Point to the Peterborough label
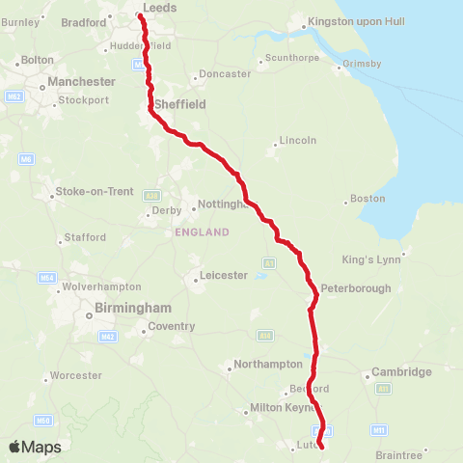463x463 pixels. tap(355, 287)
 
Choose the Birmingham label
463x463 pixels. tap(134, 309)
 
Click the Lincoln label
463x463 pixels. tap(297, 140)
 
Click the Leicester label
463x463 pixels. tap(223, 276)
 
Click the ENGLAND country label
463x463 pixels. tap(202, 232)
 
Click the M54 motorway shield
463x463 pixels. tap(45, 278)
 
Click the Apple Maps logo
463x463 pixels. tap(35, 448)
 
